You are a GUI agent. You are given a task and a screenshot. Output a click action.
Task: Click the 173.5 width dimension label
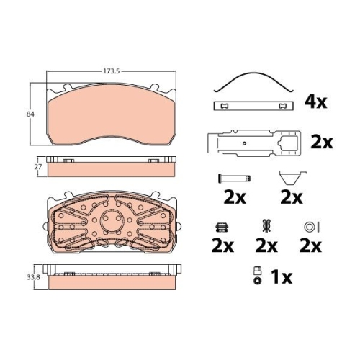(x=111, y=71)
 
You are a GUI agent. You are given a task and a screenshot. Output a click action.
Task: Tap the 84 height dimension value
(x=30, y=114)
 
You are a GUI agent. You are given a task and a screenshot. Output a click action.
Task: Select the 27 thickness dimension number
(x=38, y=166)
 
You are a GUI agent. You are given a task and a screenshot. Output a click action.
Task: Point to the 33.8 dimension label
(x=33, y=277)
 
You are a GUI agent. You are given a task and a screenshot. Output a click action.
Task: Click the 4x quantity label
(x=315, y=102)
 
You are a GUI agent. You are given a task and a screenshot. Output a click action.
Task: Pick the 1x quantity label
(x=282, y=277)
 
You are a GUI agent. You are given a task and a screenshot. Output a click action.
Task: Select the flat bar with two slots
(x=253, y=106)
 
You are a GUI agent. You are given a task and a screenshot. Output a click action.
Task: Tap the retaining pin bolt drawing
(x=234, y=179)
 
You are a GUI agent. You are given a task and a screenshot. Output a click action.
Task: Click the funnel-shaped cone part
(x=291, y=177)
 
